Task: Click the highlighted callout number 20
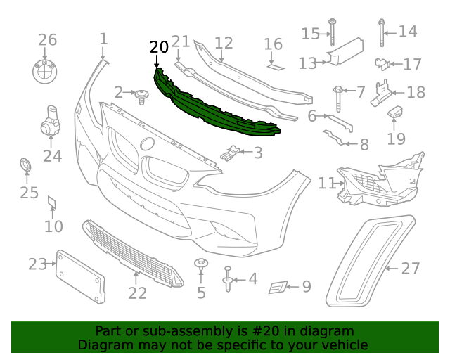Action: (159, 48)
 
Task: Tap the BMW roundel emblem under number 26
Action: (47, 71)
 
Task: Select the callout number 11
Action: (326, 184)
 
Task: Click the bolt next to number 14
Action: (381, 32)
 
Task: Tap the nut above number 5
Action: (201, 266)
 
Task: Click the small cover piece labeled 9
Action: (278, 286)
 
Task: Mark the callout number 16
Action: (273, 45)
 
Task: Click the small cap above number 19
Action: (396, 112)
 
